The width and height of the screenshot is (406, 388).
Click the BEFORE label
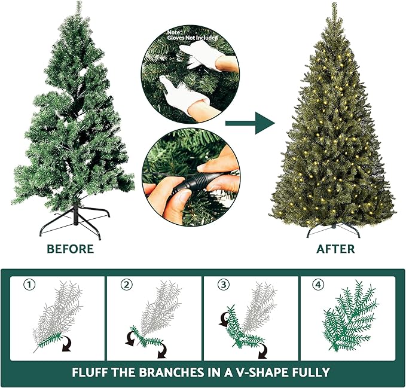point(70,249)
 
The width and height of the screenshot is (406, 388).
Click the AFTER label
point(335,249)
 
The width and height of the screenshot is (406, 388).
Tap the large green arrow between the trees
point(250,123)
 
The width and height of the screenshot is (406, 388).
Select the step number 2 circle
point(126,285)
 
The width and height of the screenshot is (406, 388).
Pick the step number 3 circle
point(224,285)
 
